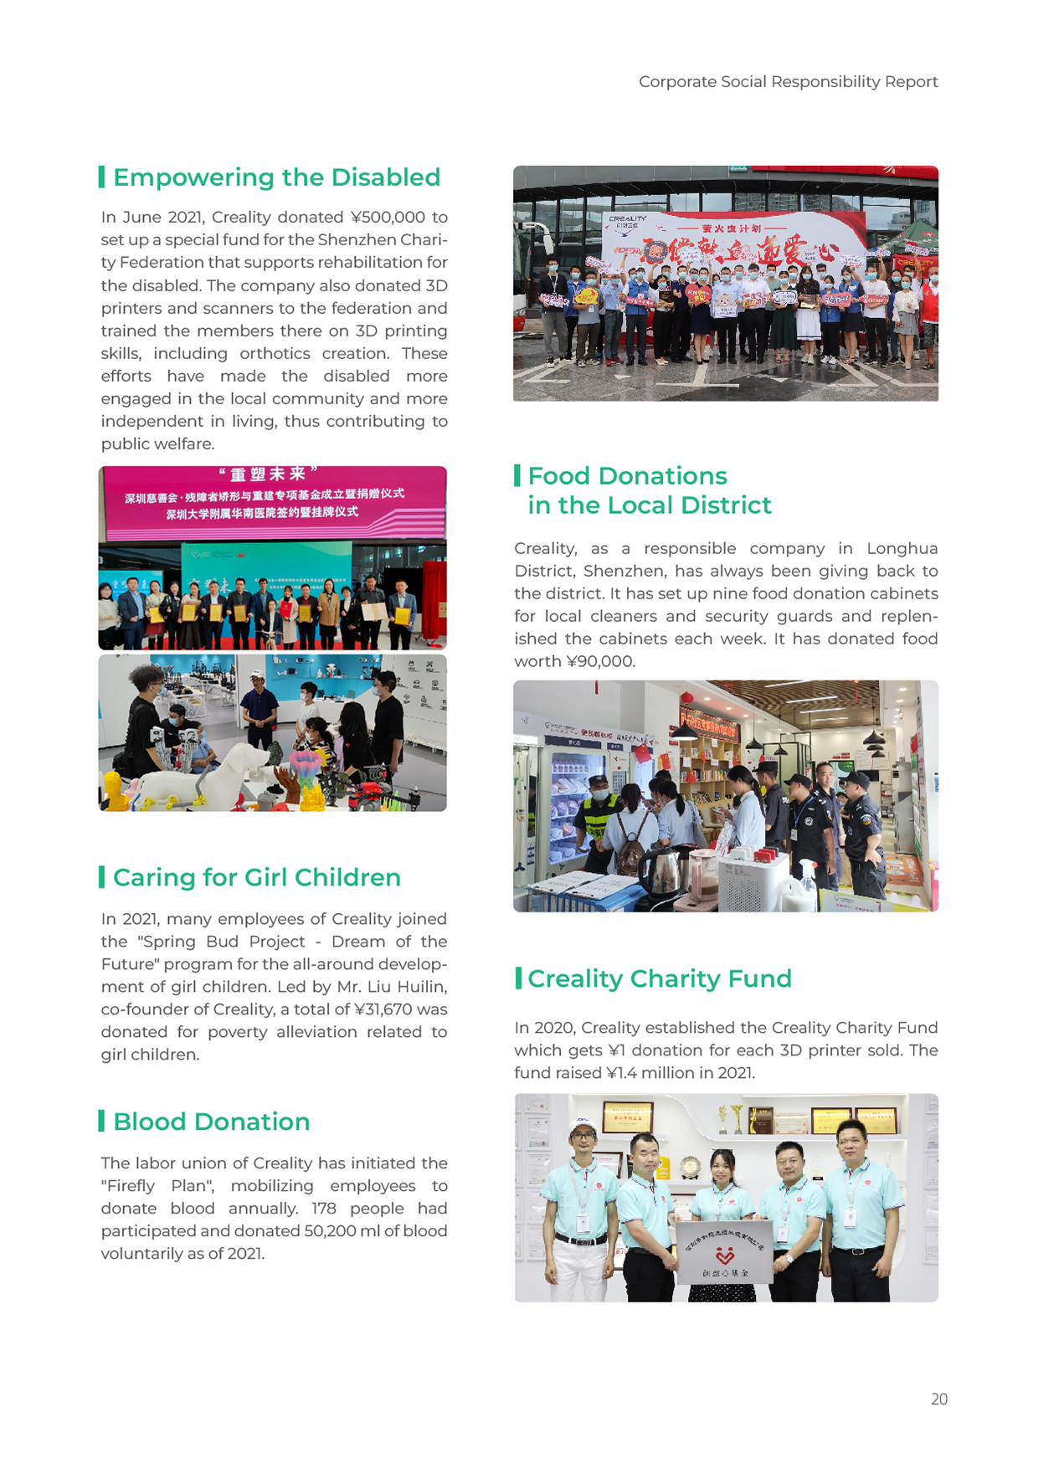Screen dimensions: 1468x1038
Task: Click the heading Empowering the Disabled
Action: point(276,177)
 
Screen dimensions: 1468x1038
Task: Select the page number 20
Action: point(938,1399)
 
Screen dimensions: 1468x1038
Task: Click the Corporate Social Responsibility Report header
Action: point(788,82)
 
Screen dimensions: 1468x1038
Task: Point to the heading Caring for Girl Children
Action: point(256,877)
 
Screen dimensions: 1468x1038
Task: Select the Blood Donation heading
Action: point(211,1122)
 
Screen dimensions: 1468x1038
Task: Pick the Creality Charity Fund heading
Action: point(659,978)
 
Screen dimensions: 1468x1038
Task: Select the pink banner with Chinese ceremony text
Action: point(272,500)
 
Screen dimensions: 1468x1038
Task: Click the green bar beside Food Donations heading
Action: point(517,475)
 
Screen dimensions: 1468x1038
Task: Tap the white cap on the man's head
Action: point(583,1123)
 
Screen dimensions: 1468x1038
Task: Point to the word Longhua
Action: point(902,549)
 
